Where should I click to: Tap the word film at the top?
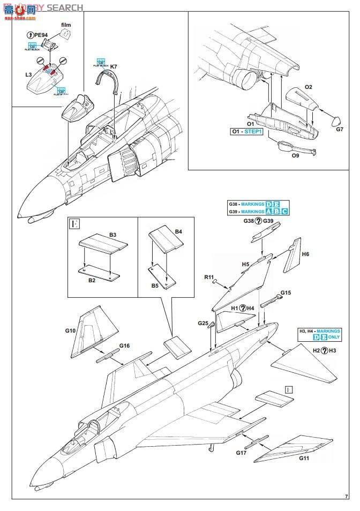[x=65, y=25]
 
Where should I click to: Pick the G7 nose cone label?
[x=340, y=129]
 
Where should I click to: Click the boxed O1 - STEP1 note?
[x=246, y=131]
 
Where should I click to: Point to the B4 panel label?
[x=179, y=231]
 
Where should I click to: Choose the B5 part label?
[x=154, y=286]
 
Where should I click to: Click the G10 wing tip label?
[x=70, y=331]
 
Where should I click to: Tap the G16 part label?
[x=124, y=345]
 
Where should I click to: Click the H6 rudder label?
[x=305, y=254]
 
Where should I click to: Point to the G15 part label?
[x=286, y=292]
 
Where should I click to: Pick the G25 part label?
[x=203, y=323]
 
